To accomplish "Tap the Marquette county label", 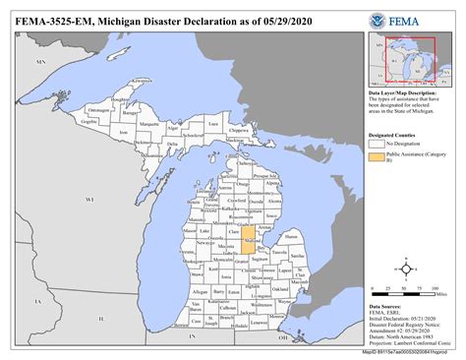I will pyautogui.click(x=148, y=125).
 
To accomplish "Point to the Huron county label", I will pyautogui.click(x=291, y=236).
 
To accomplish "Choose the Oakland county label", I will pyautogui.click(x=281, y=289).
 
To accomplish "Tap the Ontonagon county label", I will pyautogui.click(x=99, y=110).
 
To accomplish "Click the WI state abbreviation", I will pyautogui.click(x=88, y=199).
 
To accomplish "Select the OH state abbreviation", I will pyautogui.click(x=283, y=337).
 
